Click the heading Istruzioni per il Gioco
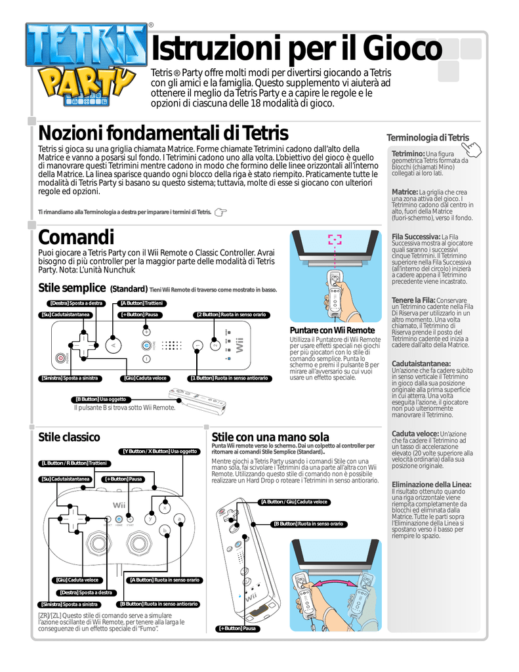(x=297, y=49)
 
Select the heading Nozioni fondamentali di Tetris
(x=163, y=133)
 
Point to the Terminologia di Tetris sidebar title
(x=428, y=137)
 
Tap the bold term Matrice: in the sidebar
(x=404, y=192)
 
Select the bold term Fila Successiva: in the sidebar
(x=415, y=236)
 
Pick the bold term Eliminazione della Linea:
(x=431, y=484)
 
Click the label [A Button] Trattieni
(x=142, y=303)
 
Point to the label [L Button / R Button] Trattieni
(x=74, y=463)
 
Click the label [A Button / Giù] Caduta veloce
(x=294, y=502)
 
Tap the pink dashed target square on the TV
(x=335, y=241)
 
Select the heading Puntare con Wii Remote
(x=331, y=330)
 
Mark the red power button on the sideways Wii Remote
(x=62, y=359)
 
